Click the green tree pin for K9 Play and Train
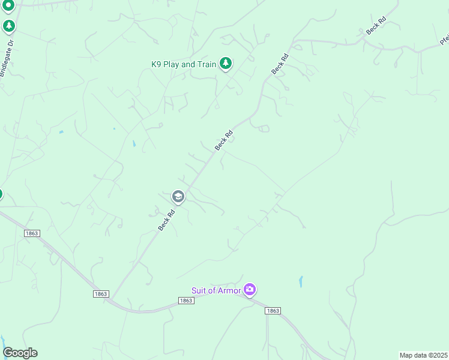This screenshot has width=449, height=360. (x=225, y=63)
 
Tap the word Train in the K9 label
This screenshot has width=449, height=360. (x=205, y=64)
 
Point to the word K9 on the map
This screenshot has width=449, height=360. (x=157, y=64)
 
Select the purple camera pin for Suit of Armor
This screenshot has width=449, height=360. (x=250, y=290)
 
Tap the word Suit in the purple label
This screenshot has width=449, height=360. (x=200, y=291)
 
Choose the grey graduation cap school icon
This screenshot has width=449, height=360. (x=178, y=196)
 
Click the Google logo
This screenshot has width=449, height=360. (x=20, y=353)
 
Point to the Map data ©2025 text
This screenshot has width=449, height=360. (x=423, y=355)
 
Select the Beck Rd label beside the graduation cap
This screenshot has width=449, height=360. (x=166, y=220)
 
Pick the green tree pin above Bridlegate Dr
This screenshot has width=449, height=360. (x=8, y=26)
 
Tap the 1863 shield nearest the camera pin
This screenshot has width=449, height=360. (x=273, y=310)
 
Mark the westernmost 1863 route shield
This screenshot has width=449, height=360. (x=32, y=233)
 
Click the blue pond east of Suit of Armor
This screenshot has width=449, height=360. (x=301, y=281)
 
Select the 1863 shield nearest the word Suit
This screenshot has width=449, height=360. (x=186, y=300)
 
